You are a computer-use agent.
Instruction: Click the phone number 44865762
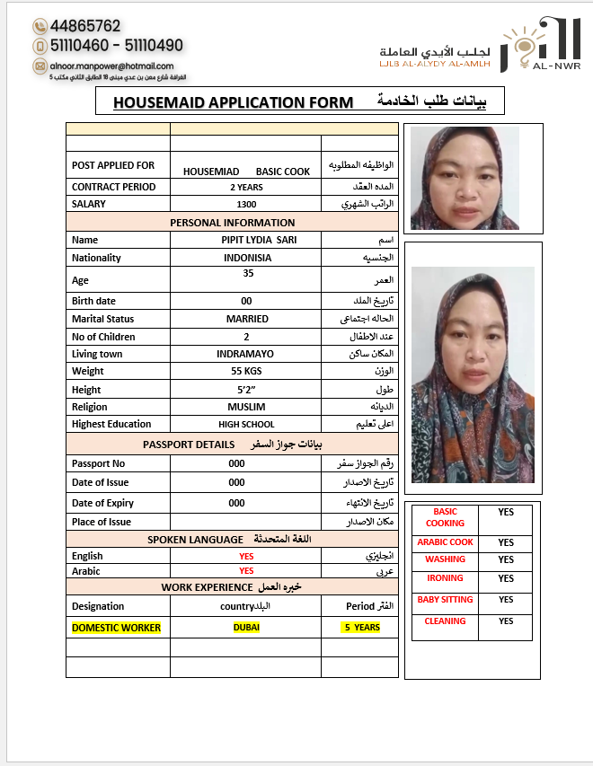[85, 26]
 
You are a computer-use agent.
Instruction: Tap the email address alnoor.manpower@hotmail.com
[112, 66]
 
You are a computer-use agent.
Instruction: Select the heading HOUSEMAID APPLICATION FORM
[234, 102]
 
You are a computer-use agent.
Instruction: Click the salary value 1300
[246, 205]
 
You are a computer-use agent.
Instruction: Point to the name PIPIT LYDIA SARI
[259, 241]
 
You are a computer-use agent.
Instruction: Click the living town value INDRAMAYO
[245, 355]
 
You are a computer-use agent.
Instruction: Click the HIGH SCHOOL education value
[246, 425]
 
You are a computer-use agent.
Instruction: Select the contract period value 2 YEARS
[246, 188]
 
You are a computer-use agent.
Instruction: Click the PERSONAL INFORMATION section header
[232, 223]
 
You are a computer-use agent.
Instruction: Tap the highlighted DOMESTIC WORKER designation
[117, 628]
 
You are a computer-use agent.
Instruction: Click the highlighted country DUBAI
[246, 628]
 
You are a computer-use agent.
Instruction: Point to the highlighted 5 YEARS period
[360, 628]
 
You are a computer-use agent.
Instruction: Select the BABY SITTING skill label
[446, 600]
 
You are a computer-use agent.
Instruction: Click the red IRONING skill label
[446, 578]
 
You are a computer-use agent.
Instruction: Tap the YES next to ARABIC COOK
[506, 542]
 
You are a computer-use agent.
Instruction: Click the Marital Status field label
[102, 320]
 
